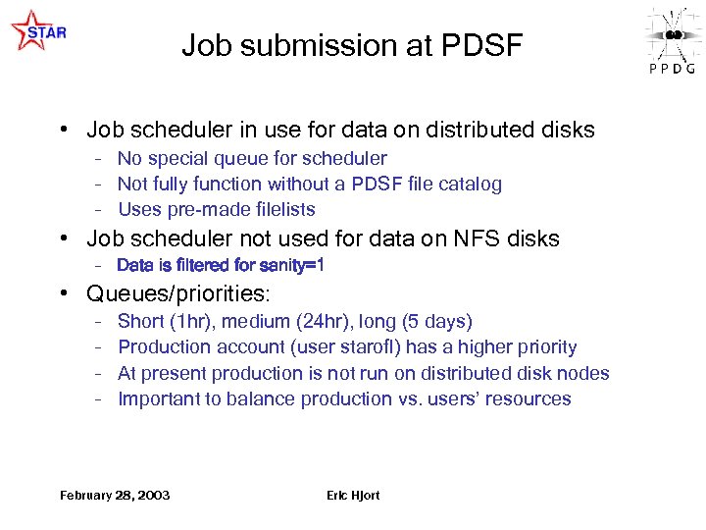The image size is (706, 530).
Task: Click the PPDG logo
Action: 672,39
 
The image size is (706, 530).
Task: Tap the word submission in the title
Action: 329,45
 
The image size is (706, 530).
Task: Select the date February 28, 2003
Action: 115,495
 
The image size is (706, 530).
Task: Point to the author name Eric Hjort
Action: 353,495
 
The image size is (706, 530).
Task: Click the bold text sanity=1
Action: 290,265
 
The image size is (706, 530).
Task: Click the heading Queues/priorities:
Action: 177,293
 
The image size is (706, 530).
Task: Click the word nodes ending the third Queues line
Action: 585,373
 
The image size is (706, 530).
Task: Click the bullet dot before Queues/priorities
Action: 62,293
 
